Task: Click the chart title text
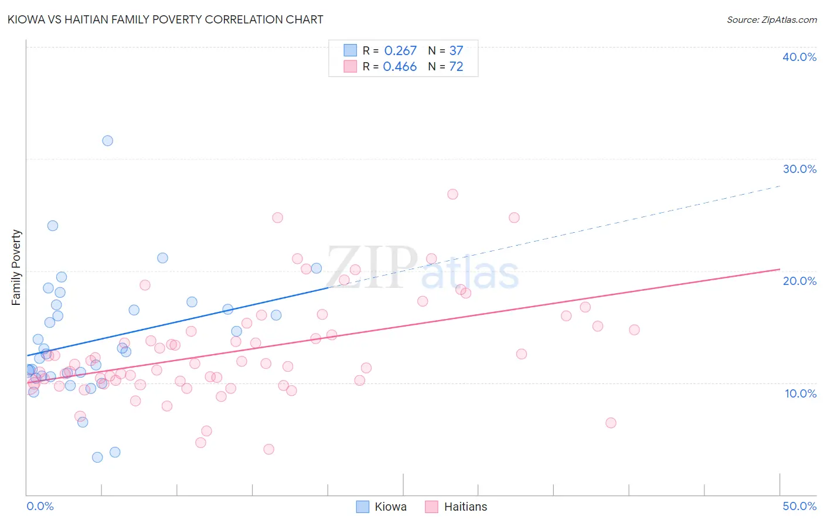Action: [x=166, y=20]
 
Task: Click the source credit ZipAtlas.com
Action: [x=771, y=20]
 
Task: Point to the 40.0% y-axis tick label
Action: [x=799, y=57]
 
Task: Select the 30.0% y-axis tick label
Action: [x=799, y=169]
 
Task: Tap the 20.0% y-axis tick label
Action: [x=799, y=281]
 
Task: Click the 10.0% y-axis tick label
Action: [x=801, y=393]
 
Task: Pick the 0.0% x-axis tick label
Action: [x=40, y=506]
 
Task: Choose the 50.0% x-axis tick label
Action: [x=799, y=506]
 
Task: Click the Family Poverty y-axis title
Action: [x=16, y=267]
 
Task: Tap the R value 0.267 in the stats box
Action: [x=400, y=51]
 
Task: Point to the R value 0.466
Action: [x=400, y=67]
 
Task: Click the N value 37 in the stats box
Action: [x=456, y=51]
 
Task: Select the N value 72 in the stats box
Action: [x=456, y=67]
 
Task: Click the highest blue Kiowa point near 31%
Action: [x=108, y=141]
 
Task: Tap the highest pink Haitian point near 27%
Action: [x=452, y=194]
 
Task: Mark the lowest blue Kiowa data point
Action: [x=97, y=457]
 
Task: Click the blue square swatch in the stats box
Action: [x=350, y=50]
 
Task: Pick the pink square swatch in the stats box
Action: [x=350, y=66]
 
